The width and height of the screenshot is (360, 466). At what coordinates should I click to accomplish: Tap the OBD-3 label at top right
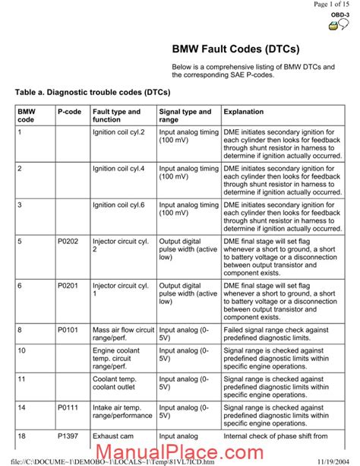(x=339, y=14)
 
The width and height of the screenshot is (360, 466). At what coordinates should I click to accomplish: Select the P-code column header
(x=67, y=112)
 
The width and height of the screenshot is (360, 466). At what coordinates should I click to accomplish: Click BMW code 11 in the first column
(x=21, y=378)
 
